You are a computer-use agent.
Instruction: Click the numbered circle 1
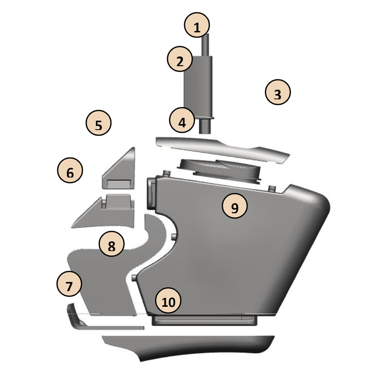(197, 25)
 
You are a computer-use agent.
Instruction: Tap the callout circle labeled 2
(180, 59)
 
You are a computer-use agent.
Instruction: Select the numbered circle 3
(278, 92)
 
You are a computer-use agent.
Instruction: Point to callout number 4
(182, 120)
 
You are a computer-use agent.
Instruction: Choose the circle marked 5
(98, 123)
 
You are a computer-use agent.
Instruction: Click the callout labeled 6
(70, 170)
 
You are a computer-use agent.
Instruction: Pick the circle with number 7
(69, 284)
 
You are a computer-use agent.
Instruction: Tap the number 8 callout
(112, 244)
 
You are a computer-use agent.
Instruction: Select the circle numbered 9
(235, 205)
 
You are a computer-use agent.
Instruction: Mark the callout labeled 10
(168, 300)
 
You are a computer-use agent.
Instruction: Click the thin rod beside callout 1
(205, 45)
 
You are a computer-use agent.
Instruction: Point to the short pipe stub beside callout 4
(205, 126)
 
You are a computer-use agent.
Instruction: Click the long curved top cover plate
(222, 149)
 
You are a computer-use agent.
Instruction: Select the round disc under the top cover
(219, 170)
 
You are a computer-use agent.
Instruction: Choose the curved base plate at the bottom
(188, 346)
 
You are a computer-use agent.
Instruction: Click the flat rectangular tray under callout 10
(204, 320)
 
